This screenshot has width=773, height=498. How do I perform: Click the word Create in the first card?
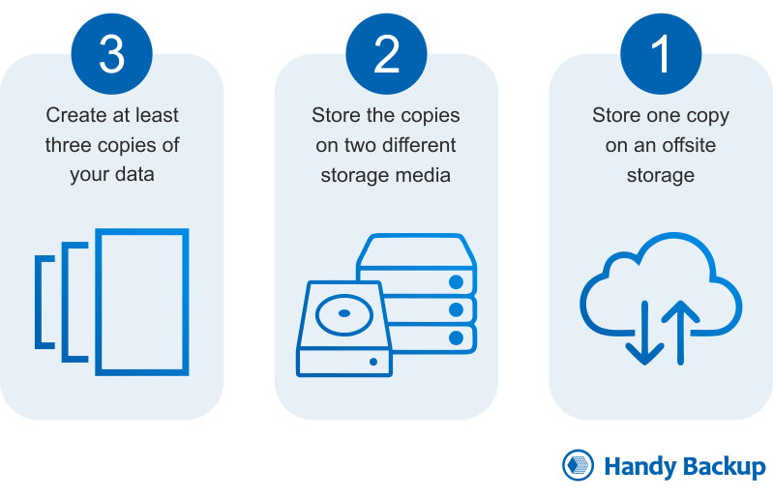coord(76,115)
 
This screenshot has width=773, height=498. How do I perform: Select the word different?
coord(416,145)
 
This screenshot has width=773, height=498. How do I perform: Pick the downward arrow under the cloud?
coord(642,335)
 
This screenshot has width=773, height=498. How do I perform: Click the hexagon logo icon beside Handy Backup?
coord(578,466)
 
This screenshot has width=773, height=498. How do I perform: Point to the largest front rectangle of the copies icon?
coord(142,302)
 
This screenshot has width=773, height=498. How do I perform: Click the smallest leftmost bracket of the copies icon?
coord(42,302)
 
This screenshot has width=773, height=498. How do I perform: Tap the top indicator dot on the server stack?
coord(458,283)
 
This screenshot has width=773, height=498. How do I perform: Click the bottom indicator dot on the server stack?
coord(458,337)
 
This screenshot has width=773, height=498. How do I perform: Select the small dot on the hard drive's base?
coord(373,363)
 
